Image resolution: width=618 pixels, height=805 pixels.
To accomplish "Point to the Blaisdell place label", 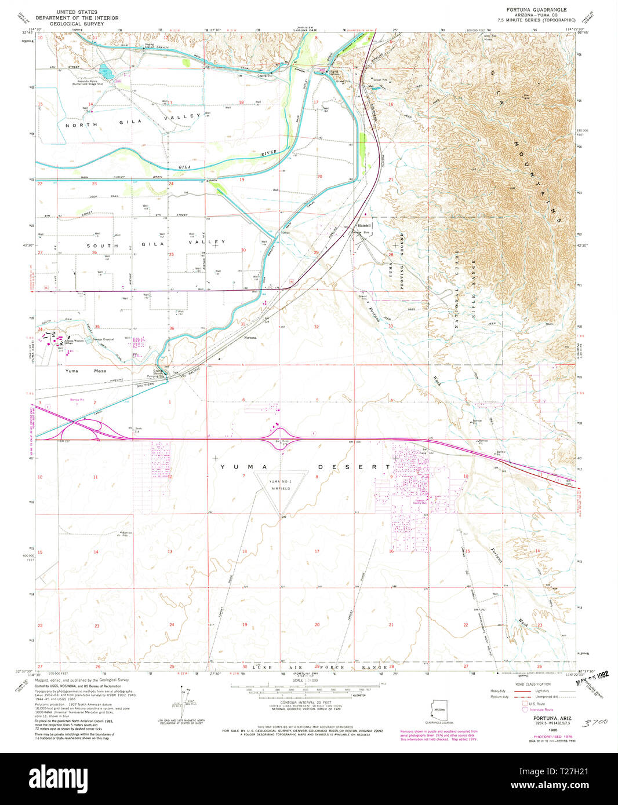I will [363, 225].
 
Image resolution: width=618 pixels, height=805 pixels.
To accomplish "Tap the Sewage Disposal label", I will [104, 339].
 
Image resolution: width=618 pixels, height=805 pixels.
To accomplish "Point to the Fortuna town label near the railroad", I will [250, 337].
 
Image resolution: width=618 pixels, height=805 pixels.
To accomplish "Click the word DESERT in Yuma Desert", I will [354, 467].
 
